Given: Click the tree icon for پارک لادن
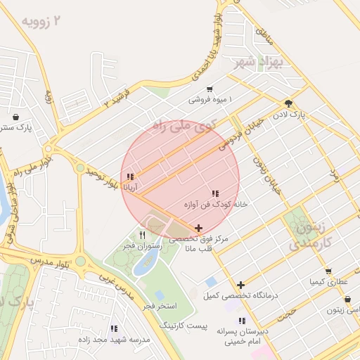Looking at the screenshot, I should coord(288,103).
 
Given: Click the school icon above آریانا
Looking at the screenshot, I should coord(129,176).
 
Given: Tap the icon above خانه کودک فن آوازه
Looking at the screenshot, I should coord(215,193).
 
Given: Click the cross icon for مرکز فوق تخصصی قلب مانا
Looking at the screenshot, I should coord(199,228).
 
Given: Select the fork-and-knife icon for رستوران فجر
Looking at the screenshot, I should coord(143,235).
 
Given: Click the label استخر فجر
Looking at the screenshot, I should coord(160,307).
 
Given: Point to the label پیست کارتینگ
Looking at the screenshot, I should coord(183,327).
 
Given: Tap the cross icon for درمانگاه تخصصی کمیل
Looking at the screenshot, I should coord(241,285).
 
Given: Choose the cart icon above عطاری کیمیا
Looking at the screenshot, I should coord(328,271).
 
